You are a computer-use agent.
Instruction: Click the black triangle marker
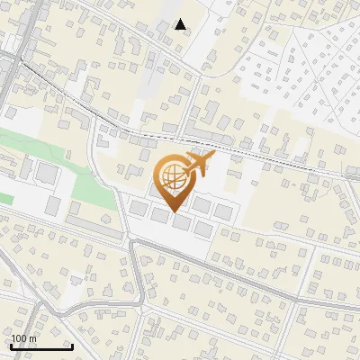181,24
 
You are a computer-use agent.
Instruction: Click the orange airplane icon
198,166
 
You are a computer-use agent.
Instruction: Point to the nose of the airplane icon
213,156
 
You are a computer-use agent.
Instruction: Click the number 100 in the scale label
19,338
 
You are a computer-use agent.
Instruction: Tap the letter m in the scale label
31,338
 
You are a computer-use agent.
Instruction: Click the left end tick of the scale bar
12,346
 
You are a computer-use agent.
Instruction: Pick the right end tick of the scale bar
72,346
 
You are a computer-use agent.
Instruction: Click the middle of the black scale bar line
41,347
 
